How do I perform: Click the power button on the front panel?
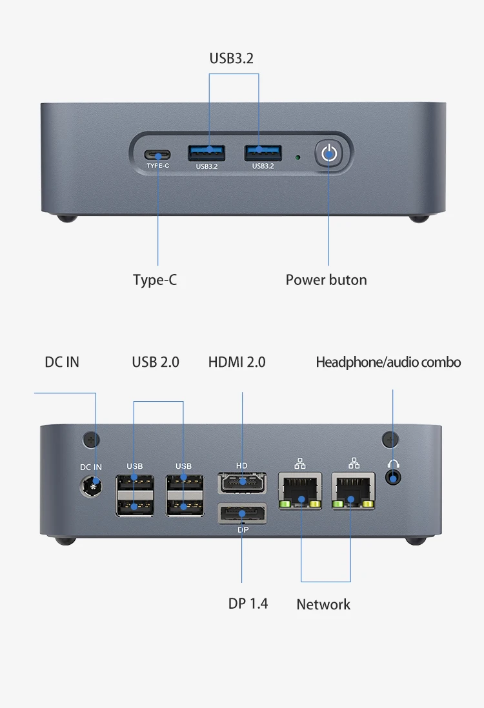point(329,154)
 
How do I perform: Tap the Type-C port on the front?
point(157,155)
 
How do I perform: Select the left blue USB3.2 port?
point(207,153)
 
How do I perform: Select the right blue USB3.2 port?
point(263,153)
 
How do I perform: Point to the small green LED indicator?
point(297,157)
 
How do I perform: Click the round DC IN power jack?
point(91,487)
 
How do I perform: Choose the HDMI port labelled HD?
point(242,483)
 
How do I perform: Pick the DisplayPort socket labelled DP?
point(242,514)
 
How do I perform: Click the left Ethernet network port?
point(300,491)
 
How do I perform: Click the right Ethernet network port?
point(354,491)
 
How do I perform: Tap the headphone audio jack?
point(393,478)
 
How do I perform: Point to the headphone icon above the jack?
point(394,464)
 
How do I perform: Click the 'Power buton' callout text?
point(327,280)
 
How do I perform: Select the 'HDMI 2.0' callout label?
point(237,362)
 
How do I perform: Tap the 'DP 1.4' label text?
point(248,604)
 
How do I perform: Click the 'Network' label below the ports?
point(323,605)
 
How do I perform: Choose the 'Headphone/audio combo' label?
point(388,362)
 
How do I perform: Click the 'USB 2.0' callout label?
point(156,362)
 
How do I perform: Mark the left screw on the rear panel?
point(91,439)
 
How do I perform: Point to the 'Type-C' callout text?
point(155,280)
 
